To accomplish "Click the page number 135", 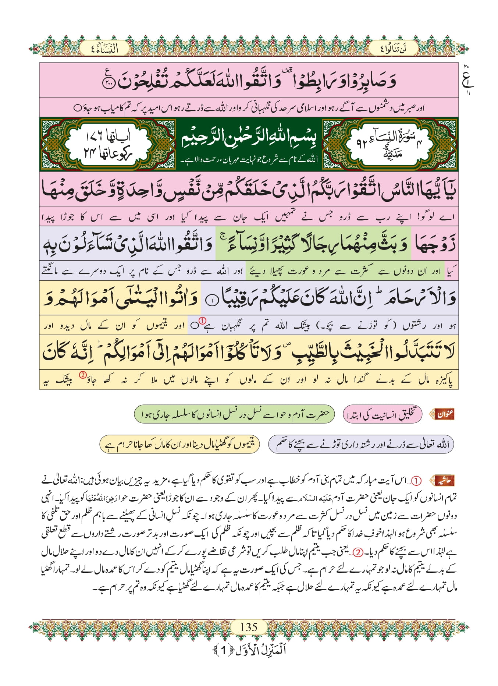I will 249,627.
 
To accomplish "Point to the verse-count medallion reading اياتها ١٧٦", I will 108,144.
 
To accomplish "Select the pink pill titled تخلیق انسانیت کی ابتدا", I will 383,415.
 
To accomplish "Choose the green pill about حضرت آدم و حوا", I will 234,414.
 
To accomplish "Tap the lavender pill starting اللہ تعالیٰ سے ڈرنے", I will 361,444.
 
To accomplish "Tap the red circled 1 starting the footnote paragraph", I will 416,481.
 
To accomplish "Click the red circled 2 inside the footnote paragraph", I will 358,552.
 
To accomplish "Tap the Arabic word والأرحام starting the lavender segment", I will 419,298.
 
